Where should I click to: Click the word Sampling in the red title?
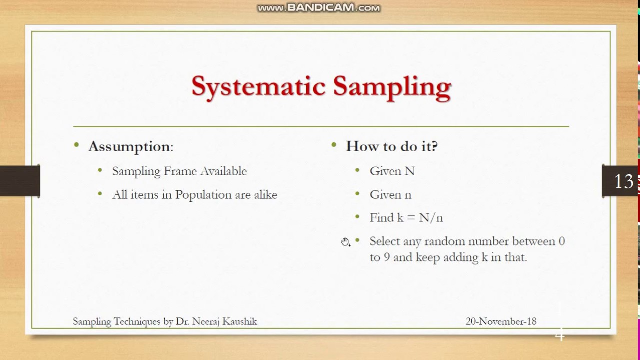(x=392, y=87)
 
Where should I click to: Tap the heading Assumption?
(x=130, y=147)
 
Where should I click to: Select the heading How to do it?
(x=391, y=146)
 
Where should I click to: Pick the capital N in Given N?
(x=409, y=171)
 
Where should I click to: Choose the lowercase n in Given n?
(x=408, y=195)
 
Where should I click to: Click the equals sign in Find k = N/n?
(x=411, y=218)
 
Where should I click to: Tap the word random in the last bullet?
(x=444, y=241)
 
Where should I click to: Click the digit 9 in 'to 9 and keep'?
(x=387, y=257)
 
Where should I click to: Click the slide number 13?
(x=624, y=181)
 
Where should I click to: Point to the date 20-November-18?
(x=501, y=321)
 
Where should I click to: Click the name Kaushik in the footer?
(x=239, y=321)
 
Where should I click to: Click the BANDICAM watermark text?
(x=319, y=7)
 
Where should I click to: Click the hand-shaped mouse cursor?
(x=345, y=242)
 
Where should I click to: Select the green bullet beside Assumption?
(x=76, y=145)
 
